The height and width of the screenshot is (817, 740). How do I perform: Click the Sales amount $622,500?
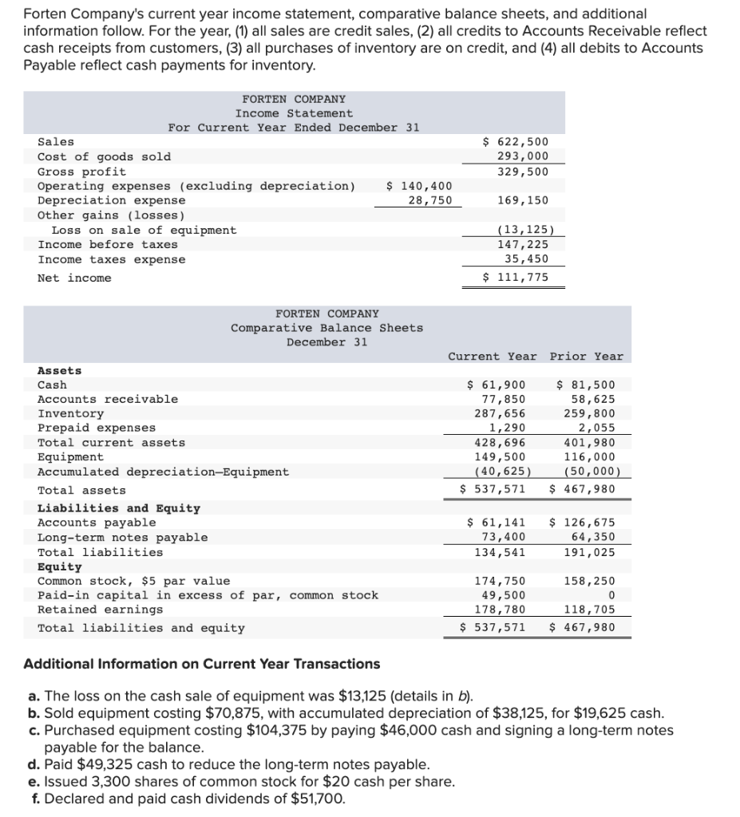point(516,142)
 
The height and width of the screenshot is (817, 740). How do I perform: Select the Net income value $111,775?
point(516,278)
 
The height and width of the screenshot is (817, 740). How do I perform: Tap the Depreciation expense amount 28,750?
point(429,200)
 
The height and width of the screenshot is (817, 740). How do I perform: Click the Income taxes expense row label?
point(111,260)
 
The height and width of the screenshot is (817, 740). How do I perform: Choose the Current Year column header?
point(492,357)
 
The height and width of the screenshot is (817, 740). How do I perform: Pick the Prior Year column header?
point(586,357)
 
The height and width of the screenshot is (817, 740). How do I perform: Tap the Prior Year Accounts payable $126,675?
point(583,523)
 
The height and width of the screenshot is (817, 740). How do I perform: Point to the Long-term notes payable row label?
point(122,538)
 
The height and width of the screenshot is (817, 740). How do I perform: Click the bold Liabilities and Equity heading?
point(118,508)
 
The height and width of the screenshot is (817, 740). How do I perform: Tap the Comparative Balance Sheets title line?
point(326,328)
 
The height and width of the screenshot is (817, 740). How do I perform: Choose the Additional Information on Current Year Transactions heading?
point(202,664)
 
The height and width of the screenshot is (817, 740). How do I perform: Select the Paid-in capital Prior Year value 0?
point(610,596)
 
